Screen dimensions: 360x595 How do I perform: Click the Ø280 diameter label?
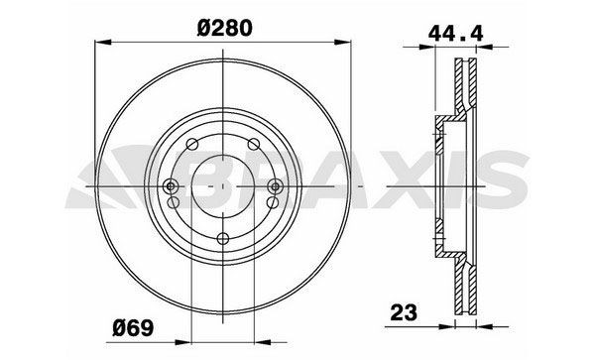click(227, 28)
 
